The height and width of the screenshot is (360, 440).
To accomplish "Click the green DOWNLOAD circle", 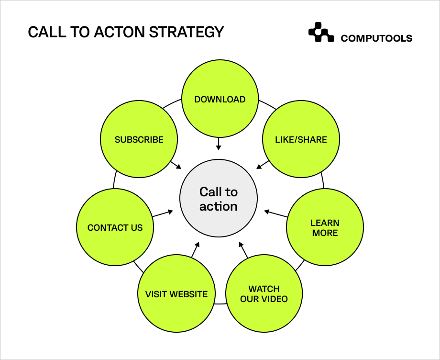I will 220,100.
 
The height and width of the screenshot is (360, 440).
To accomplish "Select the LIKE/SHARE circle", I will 301,140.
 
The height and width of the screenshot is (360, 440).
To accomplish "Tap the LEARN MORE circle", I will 325,228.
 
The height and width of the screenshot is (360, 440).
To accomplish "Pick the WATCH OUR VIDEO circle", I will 264,294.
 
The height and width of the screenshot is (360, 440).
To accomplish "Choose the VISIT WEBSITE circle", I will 176,294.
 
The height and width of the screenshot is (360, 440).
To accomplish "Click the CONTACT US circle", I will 115,228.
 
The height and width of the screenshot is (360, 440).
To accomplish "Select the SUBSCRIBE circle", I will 139,140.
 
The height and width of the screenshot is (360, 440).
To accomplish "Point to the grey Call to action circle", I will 219,199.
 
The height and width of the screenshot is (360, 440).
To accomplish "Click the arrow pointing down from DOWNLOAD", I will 219,144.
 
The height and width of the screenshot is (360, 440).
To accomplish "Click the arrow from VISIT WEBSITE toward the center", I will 195,250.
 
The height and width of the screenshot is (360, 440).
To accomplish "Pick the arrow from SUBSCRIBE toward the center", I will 176,164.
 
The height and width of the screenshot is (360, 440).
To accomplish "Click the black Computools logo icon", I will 321,33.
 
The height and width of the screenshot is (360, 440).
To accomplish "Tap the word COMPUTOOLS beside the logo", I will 376,39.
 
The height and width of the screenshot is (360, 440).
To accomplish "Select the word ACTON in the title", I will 120,32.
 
